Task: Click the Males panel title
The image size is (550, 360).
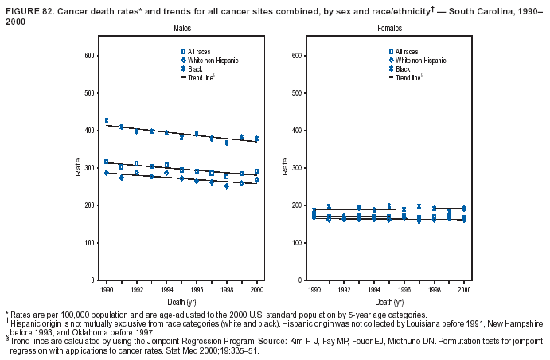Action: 182,28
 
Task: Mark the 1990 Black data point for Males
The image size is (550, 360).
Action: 106,120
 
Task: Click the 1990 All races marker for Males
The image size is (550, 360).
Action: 106,162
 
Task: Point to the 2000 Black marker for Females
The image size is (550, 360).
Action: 463,209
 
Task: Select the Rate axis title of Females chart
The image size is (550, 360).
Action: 285,168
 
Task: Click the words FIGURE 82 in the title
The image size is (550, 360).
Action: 28,6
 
